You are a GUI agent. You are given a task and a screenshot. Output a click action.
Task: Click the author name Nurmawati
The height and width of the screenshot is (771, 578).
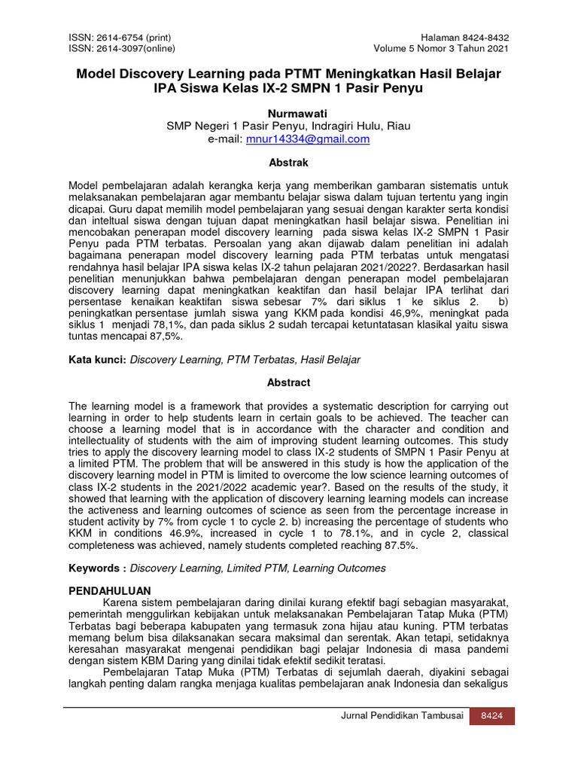289,113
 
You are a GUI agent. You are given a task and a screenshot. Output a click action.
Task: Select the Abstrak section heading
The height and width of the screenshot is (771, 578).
289,162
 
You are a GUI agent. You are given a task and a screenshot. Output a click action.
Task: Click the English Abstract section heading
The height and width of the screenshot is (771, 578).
289,382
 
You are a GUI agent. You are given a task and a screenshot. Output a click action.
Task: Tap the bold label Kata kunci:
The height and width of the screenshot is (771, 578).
98,360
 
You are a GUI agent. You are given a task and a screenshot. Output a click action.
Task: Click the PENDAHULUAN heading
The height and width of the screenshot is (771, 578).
110,590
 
